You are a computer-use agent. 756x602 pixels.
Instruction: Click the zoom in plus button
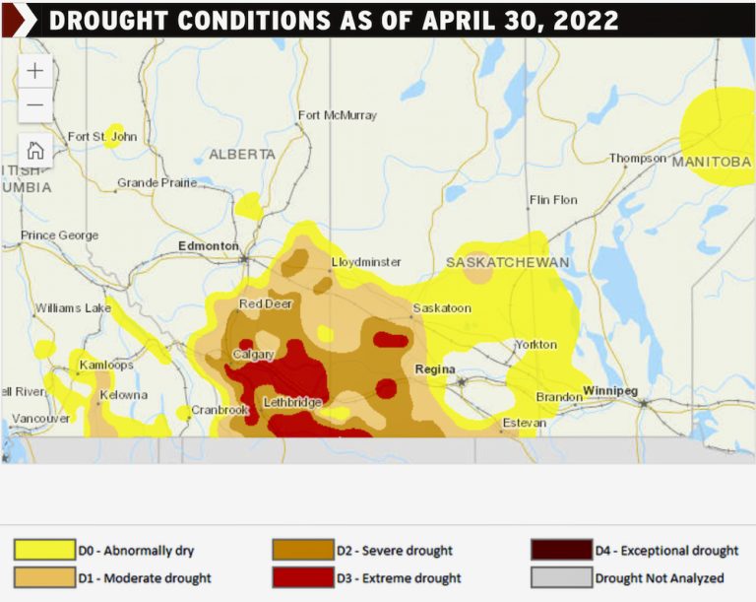[x=35, y=71]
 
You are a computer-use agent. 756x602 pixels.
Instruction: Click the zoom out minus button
[x=35, y=104]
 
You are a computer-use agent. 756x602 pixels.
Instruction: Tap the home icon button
[x=35, y=150]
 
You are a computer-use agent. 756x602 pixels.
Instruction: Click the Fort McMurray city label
[x=337, y=115]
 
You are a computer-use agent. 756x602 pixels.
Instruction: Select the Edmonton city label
[x=208, y=245]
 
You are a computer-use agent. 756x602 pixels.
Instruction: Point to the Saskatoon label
[x=442, y=308]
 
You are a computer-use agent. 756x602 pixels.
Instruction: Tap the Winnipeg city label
[x=612, y=390]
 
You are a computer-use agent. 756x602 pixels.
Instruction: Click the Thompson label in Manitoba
[x=638, y=158]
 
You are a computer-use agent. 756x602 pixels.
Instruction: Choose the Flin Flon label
[x=553, y=200]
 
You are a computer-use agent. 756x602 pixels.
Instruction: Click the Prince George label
[x=60, y=235]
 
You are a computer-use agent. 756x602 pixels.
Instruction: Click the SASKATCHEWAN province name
[x=508, y=263]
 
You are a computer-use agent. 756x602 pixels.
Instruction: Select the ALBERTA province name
[x=242, y=155]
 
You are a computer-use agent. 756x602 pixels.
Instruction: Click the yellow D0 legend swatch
[x=44, y=550]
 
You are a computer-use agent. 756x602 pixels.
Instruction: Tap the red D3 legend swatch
[x=303, y=577]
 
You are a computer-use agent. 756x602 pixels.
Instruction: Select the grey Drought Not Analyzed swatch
[x=561, y=577]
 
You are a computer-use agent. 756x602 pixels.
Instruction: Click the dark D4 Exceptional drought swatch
[x=561, y=550]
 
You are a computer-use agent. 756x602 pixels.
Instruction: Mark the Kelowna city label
[x=123, y=395]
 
